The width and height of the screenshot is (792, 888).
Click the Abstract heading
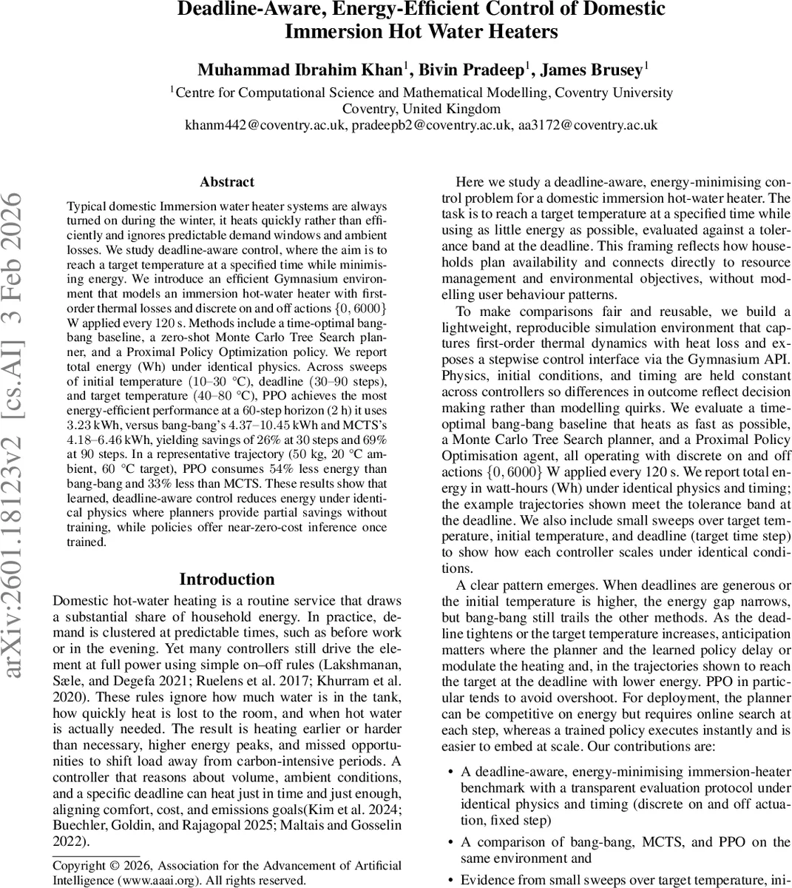pyautogui.click(x=226, y=182)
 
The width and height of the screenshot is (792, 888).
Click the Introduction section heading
pyautogui.click(x=226, y=579)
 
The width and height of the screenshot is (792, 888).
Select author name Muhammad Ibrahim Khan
pyautogui.click(x=299, y=70)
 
